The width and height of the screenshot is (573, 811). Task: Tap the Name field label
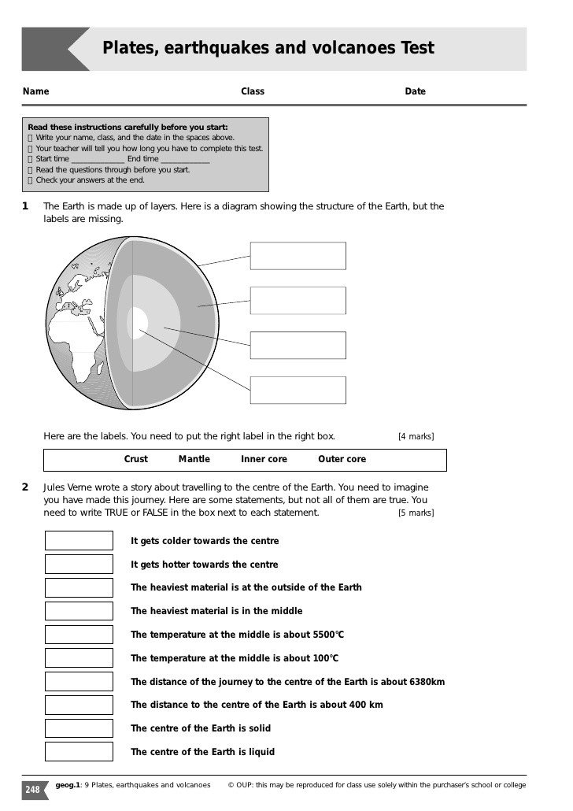(36, 91)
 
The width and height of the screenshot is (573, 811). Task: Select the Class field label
(253, 91)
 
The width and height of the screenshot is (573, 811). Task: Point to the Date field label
(415, 91)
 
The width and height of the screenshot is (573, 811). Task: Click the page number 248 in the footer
(33, 789)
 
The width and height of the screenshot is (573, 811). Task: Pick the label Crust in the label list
(136, 459)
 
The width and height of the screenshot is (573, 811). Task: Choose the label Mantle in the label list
(194, 459)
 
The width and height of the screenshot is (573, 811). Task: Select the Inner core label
(264, 459)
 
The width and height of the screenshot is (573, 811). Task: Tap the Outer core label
(342, 459)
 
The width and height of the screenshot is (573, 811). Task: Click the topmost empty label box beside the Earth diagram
(298, 256)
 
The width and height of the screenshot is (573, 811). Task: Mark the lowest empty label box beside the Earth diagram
(298, 390)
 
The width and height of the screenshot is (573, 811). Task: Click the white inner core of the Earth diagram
(139, 323)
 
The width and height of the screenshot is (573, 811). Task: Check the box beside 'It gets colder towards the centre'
(79, 541)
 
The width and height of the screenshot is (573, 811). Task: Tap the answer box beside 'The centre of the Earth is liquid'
(79, 752)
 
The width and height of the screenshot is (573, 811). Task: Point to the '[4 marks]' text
(416, 437)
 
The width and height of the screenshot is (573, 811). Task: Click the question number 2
(25, 487)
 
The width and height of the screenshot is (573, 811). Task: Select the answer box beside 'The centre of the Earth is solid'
(79, 728)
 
